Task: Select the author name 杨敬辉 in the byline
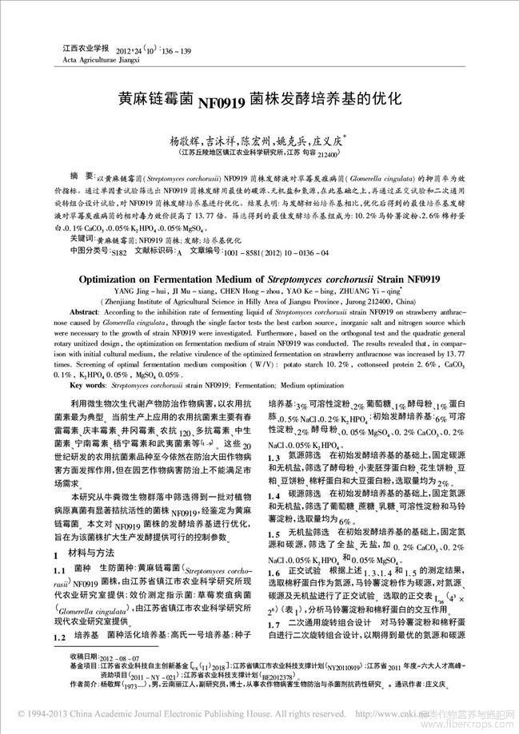tap(184, 138)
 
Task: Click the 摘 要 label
tap(78, 174)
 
